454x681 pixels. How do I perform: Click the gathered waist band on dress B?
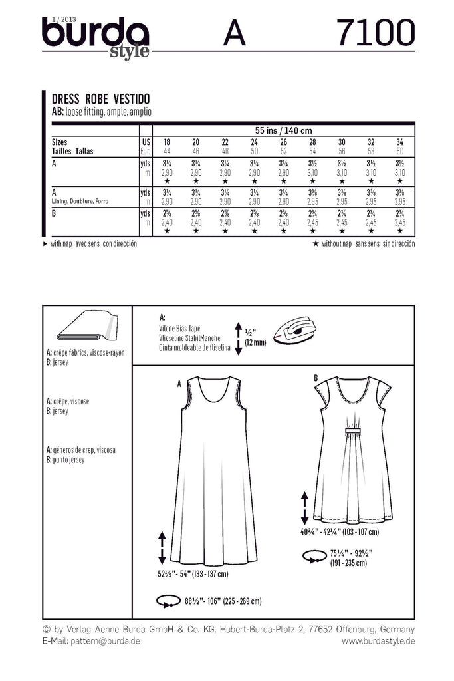(342, 434)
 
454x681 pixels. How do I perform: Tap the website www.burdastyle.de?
(378, 641)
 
